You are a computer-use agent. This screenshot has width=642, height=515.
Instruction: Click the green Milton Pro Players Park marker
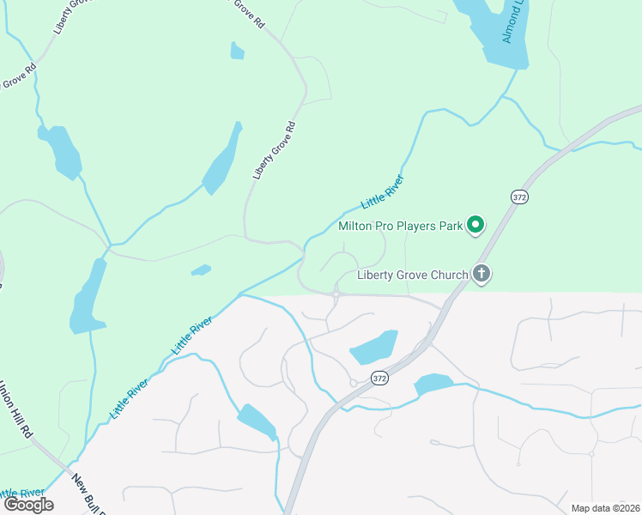coord(475,227)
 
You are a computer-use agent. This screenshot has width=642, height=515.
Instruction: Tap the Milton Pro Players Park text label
coord(401,227)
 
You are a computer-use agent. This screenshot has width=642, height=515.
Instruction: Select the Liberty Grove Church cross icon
coord(481,275)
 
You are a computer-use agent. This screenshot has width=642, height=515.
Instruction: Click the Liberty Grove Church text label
coord(413,276)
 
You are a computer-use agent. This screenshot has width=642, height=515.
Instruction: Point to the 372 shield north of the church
coord(518,197)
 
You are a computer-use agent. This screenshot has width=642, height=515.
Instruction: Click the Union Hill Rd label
coord(15,410)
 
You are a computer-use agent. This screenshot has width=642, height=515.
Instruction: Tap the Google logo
coord(28,505)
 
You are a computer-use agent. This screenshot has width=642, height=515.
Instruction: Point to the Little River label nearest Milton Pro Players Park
coord(383,191)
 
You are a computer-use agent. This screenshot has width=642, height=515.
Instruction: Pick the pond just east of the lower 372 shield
coord(433,384)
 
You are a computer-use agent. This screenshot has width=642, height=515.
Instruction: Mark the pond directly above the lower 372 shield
coord(374,348)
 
